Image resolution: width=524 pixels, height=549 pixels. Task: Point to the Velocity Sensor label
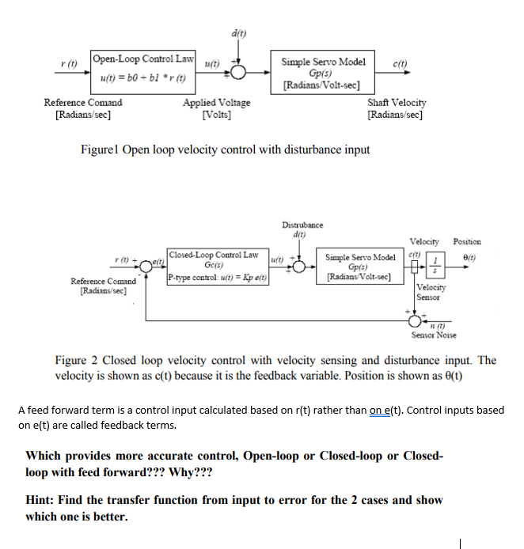click(x=431, y=293)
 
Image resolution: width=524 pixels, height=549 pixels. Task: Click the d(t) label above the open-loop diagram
click(x=238, y=34)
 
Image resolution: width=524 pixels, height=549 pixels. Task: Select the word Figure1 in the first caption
click(x=101, y=150)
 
